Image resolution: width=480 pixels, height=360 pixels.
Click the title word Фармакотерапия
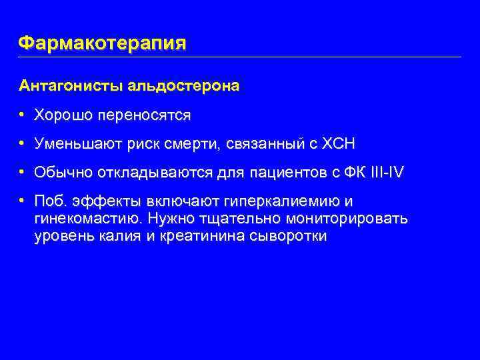point(103,43)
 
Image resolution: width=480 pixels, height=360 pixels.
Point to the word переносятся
point(144,115)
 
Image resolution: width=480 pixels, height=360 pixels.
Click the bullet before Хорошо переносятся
point(23,115)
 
